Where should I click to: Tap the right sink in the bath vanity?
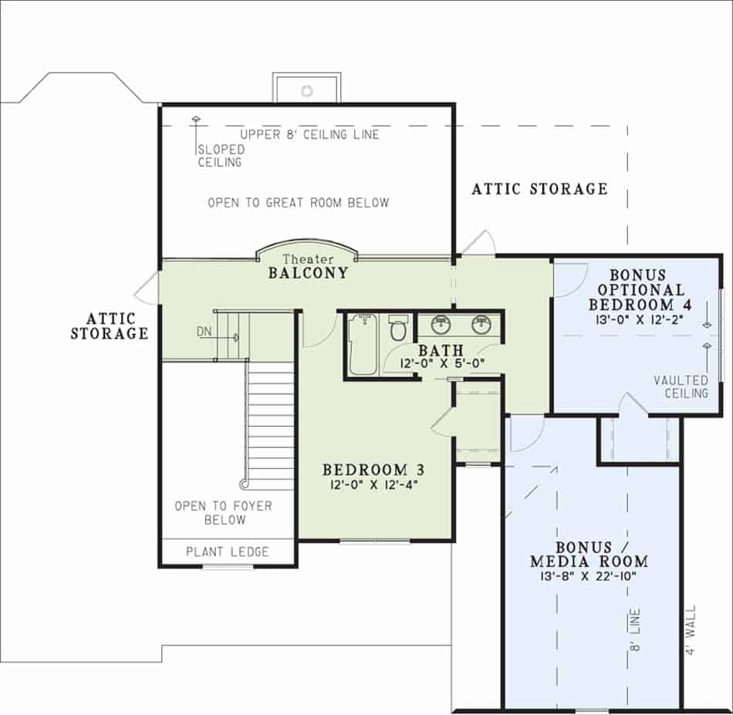482,323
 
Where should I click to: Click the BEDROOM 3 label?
373,470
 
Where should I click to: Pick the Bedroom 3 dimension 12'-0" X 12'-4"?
373,484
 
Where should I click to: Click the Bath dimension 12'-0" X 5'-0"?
440,364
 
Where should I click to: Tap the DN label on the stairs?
204,332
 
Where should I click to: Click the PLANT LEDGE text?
228,551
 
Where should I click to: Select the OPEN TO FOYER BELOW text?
223,513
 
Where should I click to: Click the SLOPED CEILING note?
220,156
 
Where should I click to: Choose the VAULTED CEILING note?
681,386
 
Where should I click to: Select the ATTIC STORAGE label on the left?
109,326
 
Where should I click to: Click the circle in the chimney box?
306,91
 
